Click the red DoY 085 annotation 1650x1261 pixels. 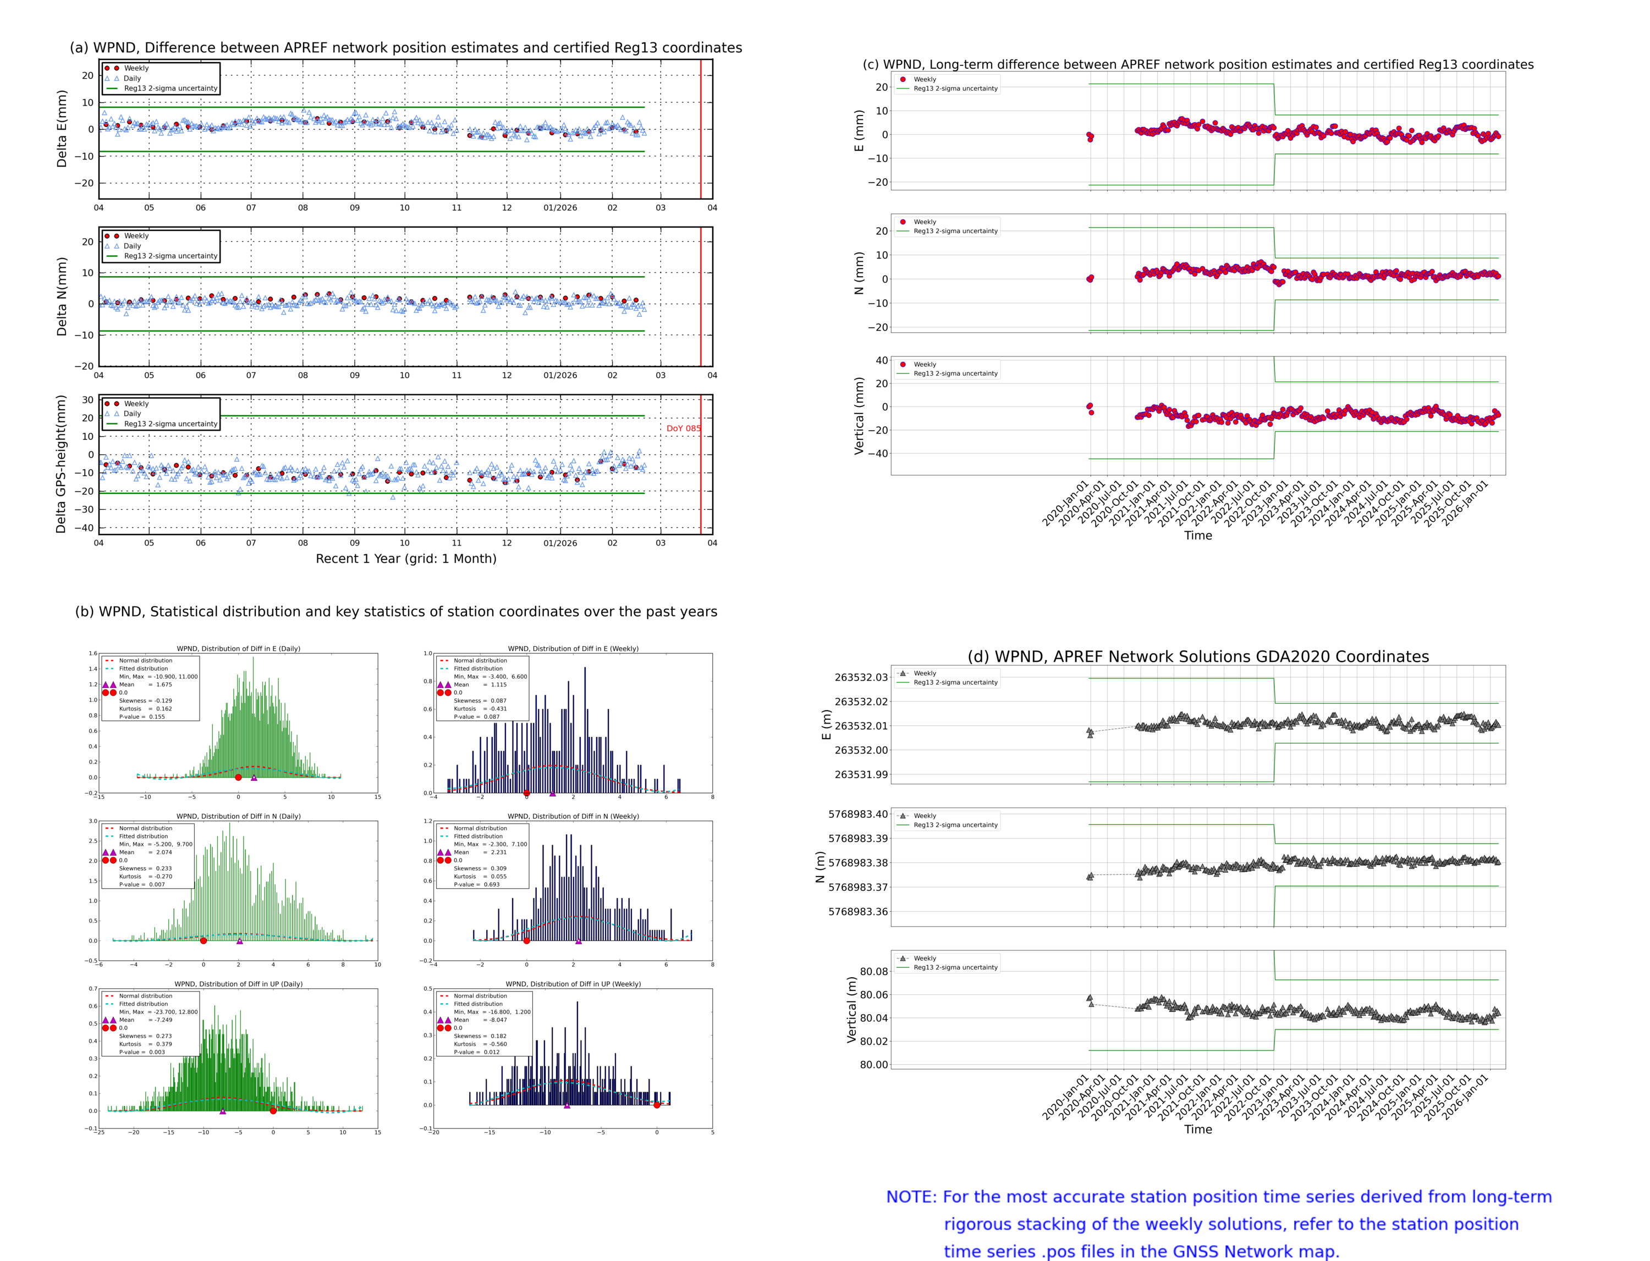tap(683, 428)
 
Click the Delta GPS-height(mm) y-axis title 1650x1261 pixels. tap(61, 464)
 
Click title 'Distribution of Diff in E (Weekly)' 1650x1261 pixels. tap(573, 648)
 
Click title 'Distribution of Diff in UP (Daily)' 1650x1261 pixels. tap(238, 983)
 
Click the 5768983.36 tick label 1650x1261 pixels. tap(857, 911)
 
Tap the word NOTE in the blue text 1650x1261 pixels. tap(911, 1197)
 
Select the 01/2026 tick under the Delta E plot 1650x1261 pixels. tap(560, 208)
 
